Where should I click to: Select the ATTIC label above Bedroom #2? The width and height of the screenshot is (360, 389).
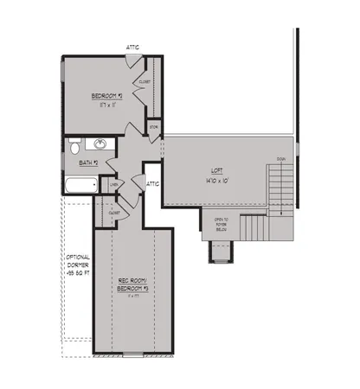[x=132, y=48]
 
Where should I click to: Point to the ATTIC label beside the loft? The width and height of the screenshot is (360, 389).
[x=153, y=183]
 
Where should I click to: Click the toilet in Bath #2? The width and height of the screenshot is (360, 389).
[x=74, y=147]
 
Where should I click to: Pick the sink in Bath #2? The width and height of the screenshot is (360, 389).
[x=100, y=145]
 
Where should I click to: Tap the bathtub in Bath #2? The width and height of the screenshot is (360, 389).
[x=80, y=184]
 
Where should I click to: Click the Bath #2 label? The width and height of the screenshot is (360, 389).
[x=88, y=162]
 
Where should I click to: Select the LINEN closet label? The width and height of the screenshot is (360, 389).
[x=112, y=184]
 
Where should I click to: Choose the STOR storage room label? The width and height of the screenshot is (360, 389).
[x=153, y=127]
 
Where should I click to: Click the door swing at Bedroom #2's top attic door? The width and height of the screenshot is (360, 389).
[x=132, y=61]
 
